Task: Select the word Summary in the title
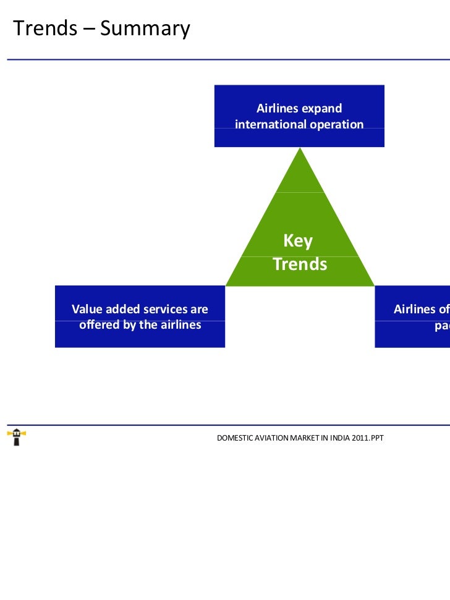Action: (x=145, y=29)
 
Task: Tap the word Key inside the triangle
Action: (x=298, y=240)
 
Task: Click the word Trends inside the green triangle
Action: (x=300, y=264)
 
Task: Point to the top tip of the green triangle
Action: (x=300, y=148)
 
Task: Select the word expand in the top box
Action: (x=321, y=109)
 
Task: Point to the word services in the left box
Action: (x=166, y=309)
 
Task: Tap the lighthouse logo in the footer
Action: (x=16, y=437)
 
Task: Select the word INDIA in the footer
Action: (x=337, y=438)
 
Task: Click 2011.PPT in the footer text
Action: (x=368, y=438)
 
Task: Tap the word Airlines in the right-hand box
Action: (x=415, y=309)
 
